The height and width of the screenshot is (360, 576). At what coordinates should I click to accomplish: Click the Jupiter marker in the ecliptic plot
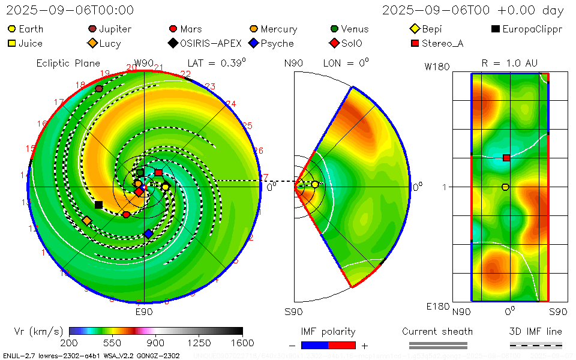(x=99, y=88)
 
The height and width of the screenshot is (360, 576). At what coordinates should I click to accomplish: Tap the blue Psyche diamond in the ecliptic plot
(x=148, y=233)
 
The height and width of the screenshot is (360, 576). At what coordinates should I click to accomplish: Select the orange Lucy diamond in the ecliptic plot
(x=87, y=221)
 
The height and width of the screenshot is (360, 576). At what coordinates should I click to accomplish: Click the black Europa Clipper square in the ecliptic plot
(x=98, y=205)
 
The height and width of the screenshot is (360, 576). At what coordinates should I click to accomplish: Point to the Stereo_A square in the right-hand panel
(x=506, y=158)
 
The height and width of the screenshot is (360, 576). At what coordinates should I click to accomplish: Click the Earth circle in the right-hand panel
(x=505, y=187)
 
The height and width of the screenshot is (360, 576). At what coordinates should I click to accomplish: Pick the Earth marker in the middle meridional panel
(x=315, y=185)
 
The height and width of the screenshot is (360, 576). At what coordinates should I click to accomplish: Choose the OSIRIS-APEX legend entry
(x=207, y=43)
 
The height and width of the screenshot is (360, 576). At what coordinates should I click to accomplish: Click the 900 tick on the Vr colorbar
(x=156, y=343)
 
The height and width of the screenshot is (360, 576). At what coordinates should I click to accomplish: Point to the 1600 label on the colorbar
(x=242, y=343)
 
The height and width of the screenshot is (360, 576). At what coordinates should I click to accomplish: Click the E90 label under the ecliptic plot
(x=144, y=312)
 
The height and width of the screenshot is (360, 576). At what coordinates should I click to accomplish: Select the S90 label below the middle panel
(x=293, y=312)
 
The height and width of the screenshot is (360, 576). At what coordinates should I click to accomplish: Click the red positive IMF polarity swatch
(x=342, y=345)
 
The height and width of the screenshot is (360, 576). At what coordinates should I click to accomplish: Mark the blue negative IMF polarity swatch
(x=314, y=345)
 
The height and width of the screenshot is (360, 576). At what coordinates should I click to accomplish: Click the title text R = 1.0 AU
(x=509, y=63)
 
